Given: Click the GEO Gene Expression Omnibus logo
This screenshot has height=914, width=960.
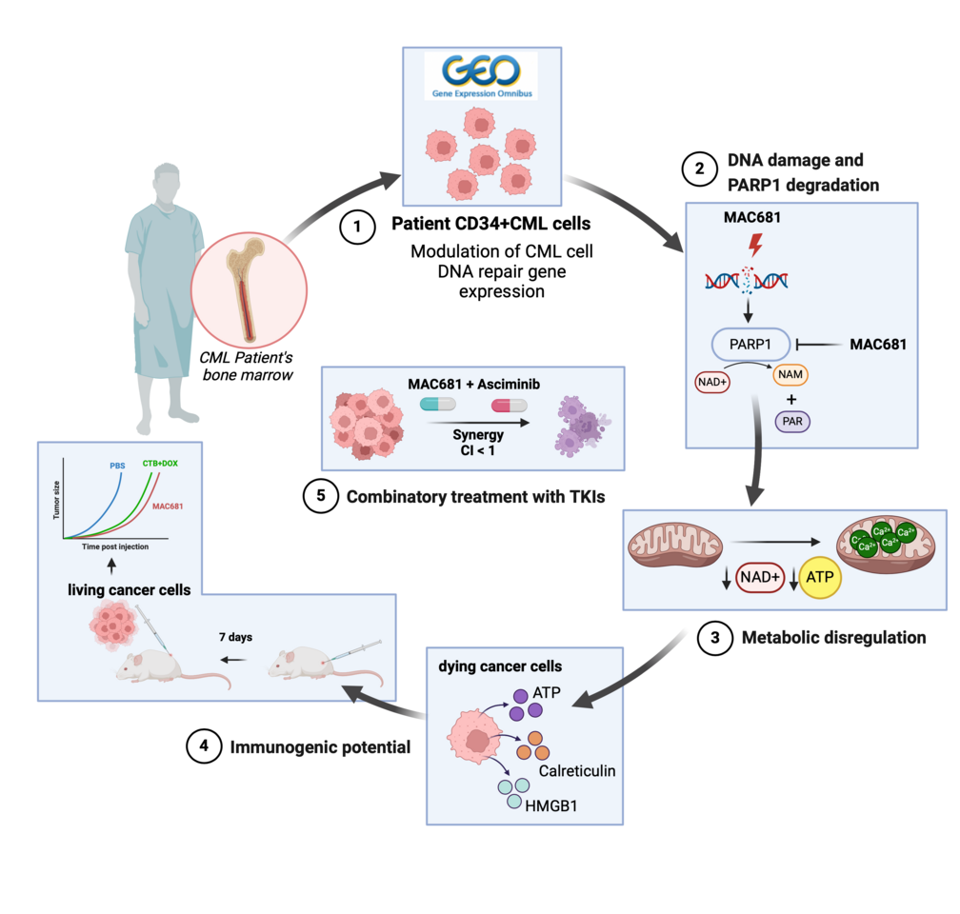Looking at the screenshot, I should pos(480,76).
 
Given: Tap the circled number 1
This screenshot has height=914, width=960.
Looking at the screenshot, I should pos(357,228).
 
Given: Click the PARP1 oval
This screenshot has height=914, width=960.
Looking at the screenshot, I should pos(751,344).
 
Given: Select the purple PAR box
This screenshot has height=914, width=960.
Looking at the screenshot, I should pos(791,420).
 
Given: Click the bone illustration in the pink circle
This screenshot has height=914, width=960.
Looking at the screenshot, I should pos(249,289).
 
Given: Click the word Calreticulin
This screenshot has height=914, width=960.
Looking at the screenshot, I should pos(576,769).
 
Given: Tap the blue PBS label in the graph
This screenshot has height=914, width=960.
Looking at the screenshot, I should pos(117,467).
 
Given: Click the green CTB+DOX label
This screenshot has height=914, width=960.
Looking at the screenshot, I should pos(161,464).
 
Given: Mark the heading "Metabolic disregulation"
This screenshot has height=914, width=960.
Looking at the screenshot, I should pos(833,637).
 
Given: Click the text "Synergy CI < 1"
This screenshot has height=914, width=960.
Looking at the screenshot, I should pos(478,441).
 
